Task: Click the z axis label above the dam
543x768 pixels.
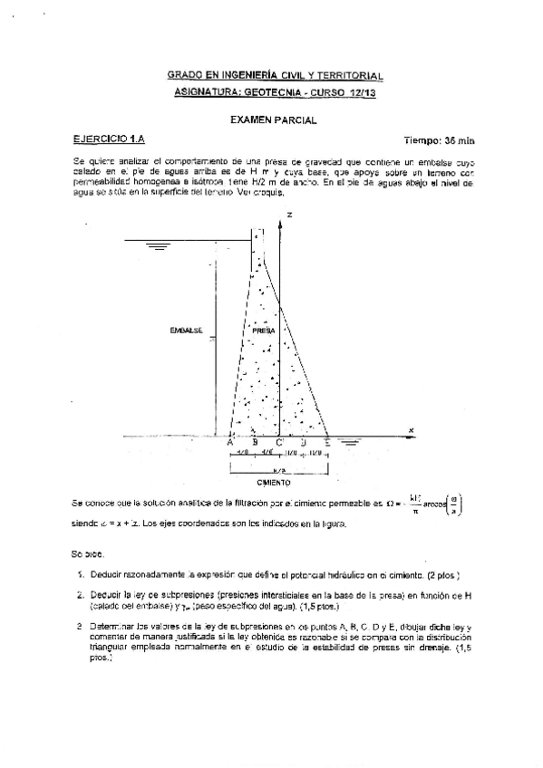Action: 289,215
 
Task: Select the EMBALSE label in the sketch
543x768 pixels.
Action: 185,330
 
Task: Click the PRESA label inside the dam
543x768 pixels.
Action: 264,331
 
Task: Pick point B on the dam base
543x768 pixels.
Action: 242,443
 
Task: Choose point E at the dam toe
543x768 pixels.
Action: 327,443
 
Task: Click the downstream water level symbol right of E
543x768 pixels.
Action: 349,443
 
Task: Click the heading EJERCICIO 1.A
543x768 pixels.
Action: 109,139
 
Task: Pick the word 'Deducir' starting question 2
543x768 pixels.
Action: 102,595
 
